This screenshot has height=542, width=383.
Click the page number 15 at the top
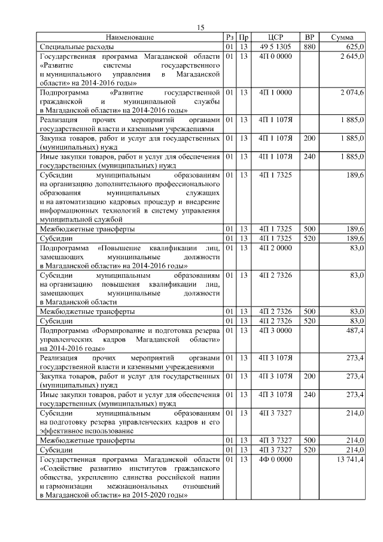pos(200,27)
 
